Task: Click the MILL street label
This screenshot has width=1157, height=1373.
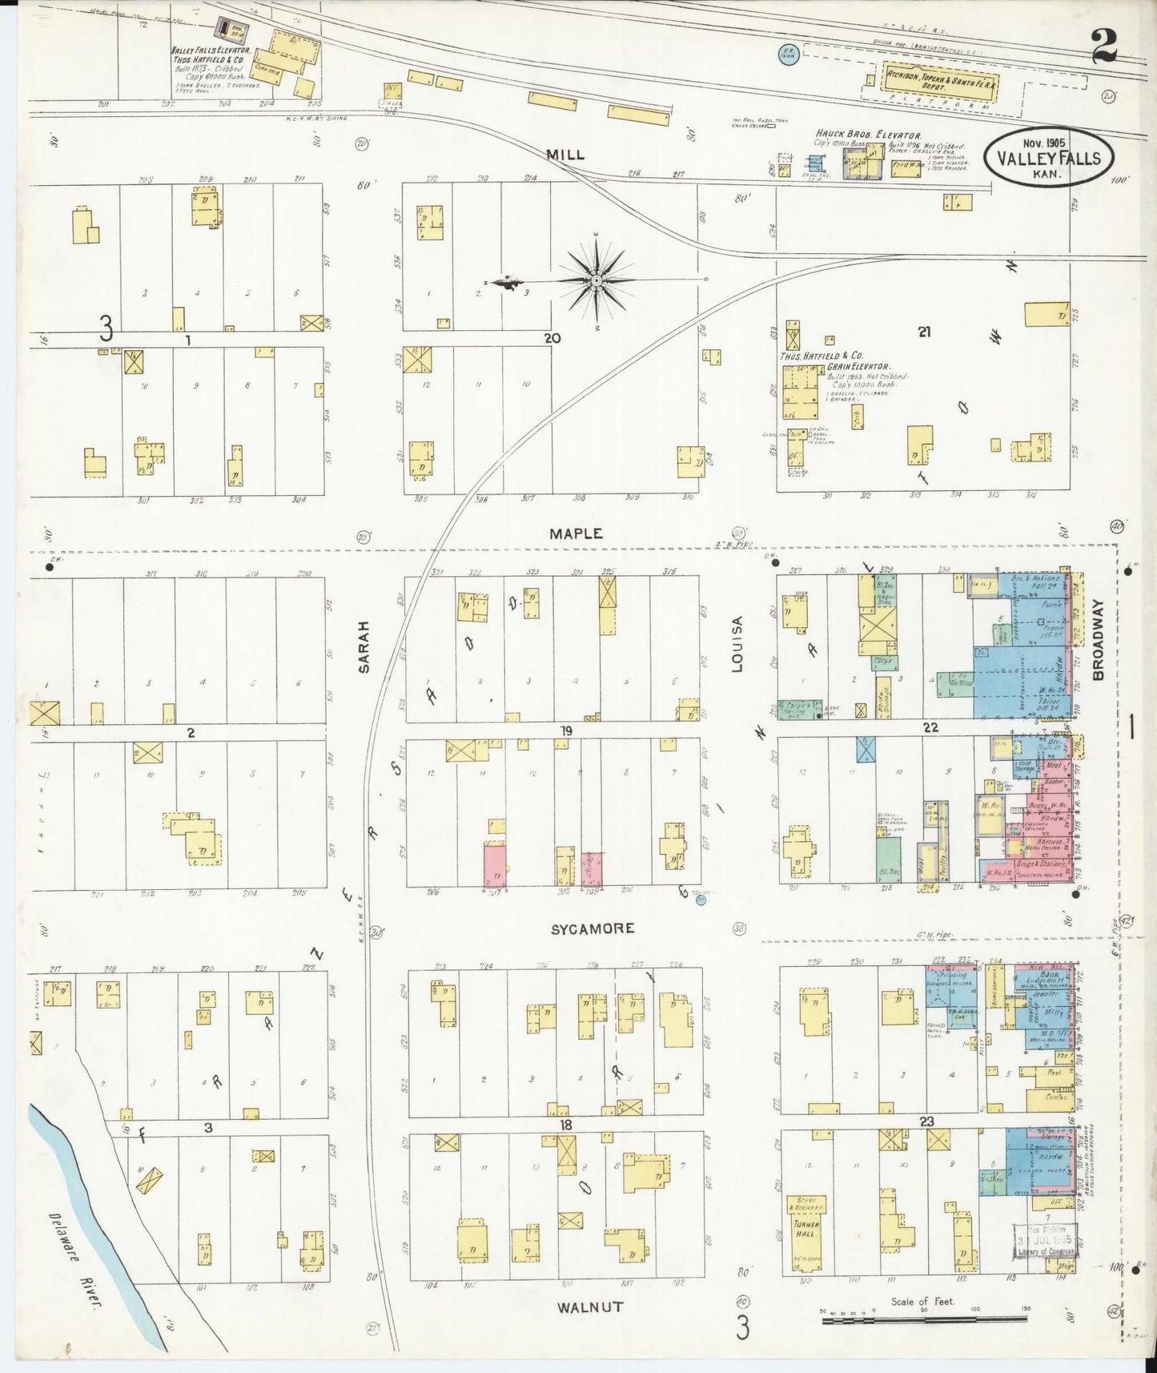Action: [x=565, y=155]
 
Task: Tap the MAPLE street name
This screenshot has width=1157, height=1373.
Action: [x=576, y=533]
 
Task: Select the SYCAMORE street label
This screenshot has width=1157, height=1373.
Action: [x=593, y=928]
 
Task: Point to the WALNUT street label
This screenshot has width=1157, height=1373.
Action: [x=590, y=1307]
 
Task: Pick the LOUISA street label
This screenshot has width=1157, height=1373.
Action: [x=737, y=644]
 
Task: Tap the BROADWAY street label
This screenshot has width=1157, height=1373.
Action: [x=1098, y=641]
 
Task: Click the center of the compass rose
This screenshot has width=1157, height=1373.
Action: [x=597, y=280]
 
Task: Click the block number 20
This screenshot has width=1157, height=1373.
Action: [x=552, y=338]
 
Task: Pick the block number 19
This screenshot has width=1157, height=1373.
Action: [x=566, y=731]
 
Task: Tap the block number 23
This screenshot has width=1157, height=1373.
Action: [x=927, y=1122]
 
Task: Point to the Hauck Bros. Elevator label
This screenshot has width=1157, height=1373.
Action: [x=868, y=135]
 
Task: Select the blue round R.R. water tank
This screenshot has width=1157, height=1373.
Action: [x=785, y=54]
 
